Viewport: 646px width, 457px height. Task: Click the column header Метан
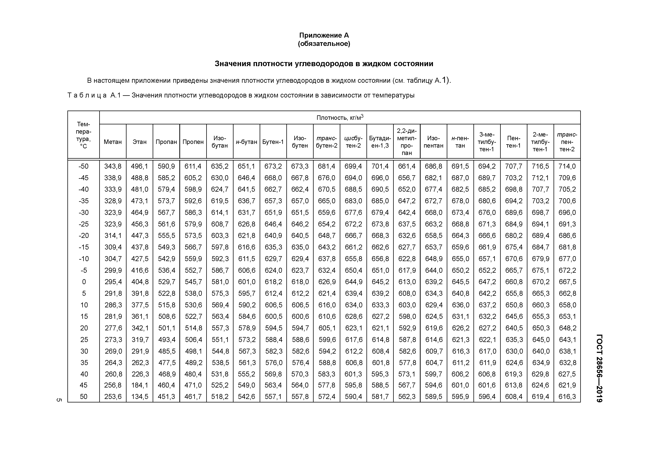point(113,142)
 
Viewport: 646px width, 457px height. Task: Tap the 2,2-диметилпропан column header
point(407,142)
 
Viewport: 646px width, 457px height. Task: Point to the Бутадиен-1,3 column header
point(380,142)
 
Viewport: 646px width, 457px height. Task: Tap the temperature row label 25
point(84,340)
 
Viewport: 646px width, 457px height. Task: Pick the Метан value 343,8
point(113,166)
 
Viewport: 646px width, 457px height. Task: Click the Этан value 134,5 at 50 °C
point(140,396)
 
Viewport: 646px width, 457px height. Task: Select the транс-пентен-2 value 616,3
point(567,396)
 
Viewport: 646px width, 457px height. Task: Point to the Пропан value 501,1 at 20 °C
point(166,328)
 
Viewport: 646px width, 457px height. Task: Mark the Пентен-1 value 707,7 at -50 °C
point(513,166)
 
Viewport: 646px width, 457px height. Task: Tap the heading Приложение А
point(324,35)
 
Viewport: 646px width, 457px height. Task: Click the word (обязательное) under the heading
point(324,44)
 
